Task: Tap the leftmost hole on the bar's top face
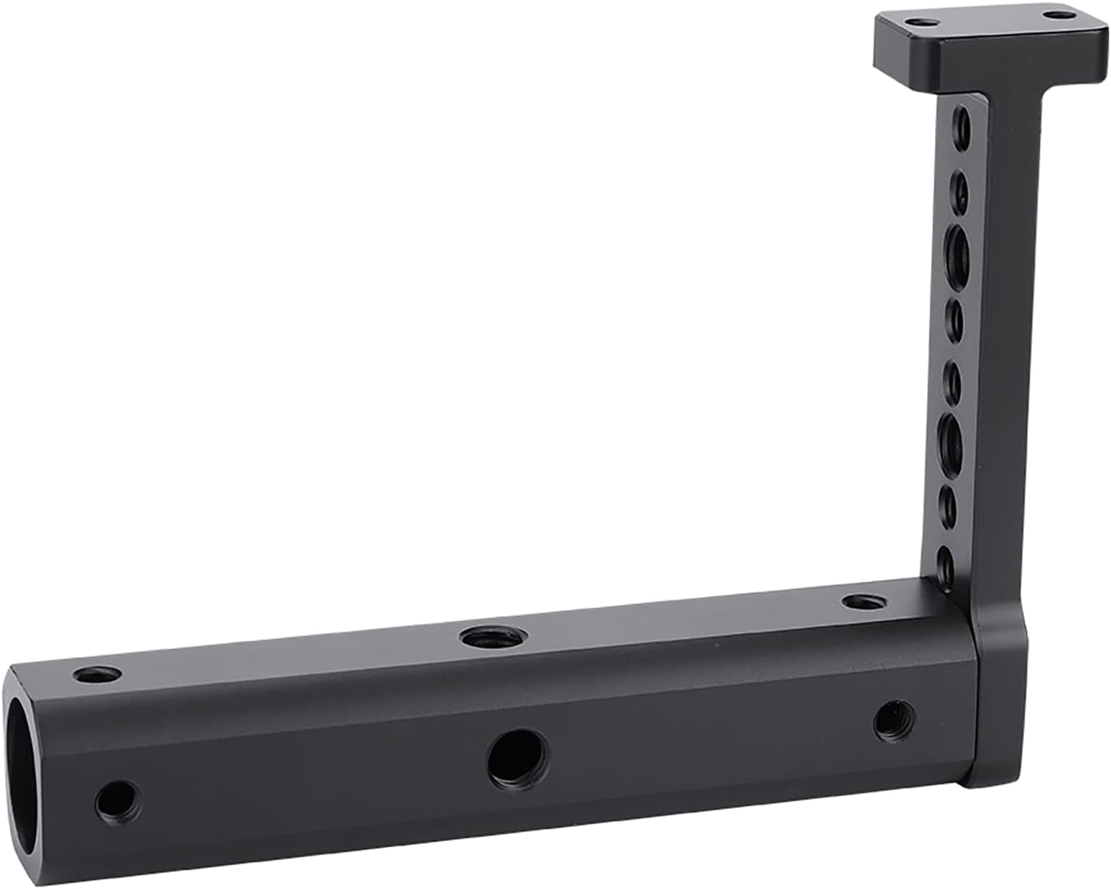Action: click(x=98, y=675)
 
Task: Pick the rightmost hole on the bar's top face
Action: click(x=860, y=601)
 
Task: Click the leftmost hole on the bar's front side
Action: click(x=117, y=798)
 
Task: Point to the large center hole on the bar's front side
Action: click(x=518, y=756)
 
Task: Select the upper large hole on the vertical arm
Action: click(x=957, y=253)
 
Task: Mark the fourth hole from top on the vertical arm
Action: click(x=955, y=317)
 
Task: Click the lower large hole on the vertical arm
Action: click(x=951, y=441)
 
